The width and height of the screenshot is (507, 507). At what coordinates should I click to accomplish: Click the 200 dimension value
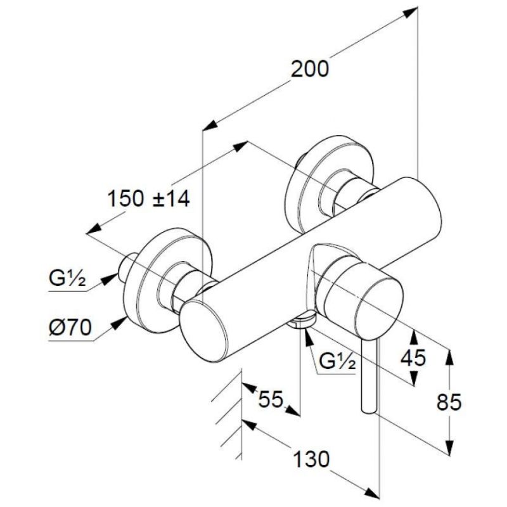[309, 69]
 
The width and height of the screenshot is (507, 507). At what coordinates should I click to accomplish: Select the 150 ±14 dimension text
[148, 198]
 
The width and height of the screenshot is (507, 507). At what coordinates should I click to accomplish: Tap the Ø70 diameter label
[70, 328]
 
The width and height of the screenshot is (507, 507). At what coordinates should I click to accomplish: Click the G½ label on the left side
[68, 278]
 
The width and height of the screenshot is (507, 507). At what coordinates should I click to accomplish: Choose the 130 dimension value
[311, 459]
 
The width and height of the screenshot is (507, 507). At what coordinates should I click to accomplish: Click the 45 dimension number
[413, 358]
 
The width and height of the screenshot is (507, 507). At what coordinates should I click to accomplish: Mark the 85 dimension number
[449, 402]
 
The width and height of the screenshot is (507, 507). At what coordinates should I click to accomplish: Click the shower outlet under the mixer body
[302, 320]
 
